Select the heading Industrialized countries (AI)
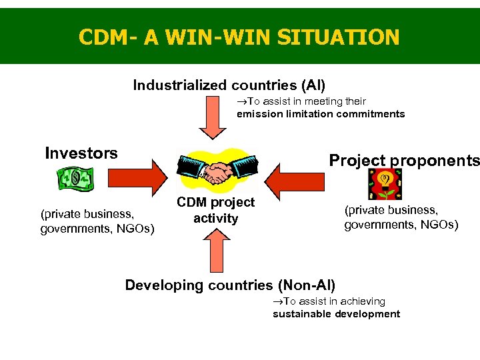pyautogui.click(x=229, y=85)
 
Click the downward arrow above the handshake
pyautogui.click(x=214, y=118)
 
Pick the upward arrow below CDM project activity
pyautogui.click(x=215, y=251)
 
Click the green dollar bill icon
pyautogui.click(x=76, y=178)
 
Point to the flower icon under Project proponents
pyautogui.click(x=384, y=183)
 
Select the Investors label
pyautogui.click(x=81, y=153)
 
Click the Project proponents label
pyautogui.click(x=404, y=161)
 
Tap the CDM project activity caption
pyautogui.click(x=215, y=210)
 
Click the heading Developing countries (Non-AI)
pyautogui.click(x=230, y=285)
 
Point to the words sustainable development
pyautogui.click(x=336, y=314)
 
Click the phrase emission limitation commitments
pyautogui.click(x=321, y=113)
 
